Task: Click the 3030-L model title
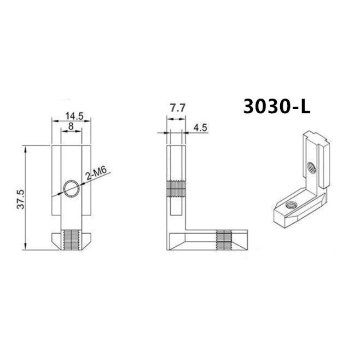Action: click(x=276, y=106)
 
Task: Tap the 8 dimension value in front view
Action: click(x=71, y=125)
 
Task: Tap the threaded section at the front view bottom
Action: click(x=71, y=239)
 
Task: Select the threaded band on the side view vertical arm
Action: click(x=176, y=189)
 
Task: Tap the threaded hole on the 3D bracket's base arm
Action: click(x=288, y=206)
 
